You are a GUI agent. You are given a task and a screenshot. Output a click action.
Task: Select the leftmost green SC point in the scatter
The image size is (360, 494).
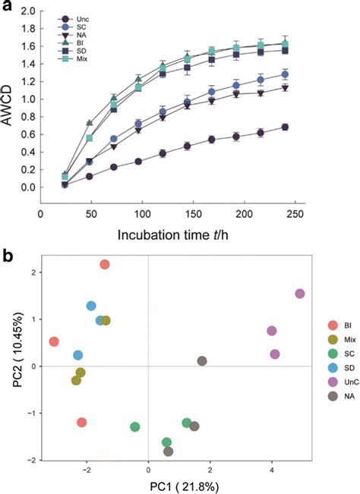point(134,427)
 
